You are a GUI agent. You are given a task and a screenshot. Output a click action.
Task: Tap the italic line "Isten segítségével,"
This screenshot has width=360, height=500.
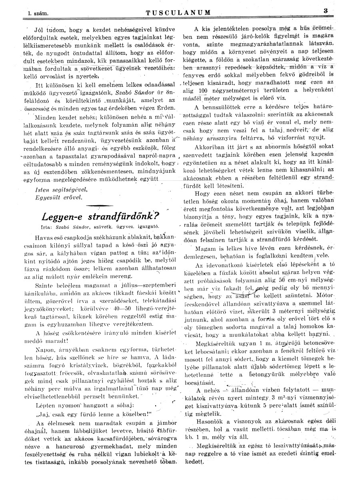coord(61,189)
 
